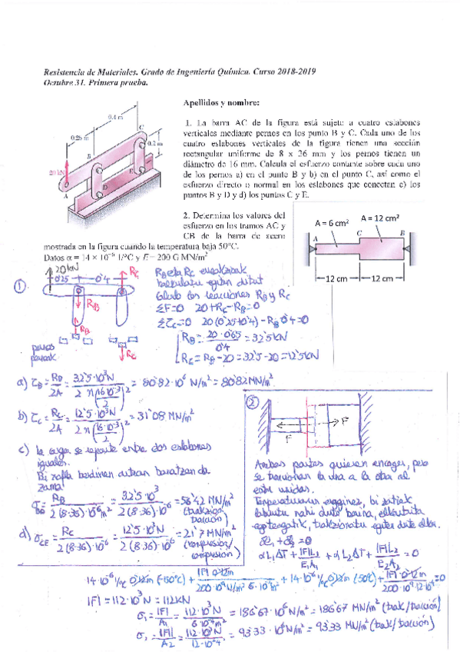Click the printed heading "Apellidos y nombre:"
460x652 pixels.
point(223,101)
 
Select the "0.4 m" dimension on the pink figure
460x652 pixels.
point(116,117)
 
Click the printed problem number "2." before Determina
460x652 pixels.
point(187,215)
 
